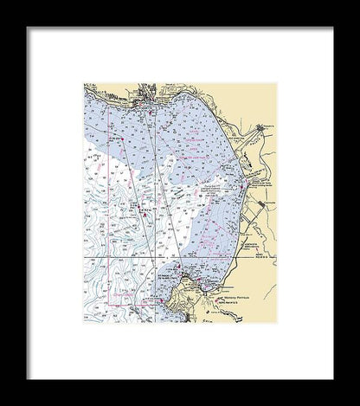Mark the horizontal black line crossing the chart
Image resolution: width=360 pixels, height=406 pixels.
[173, 258]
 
